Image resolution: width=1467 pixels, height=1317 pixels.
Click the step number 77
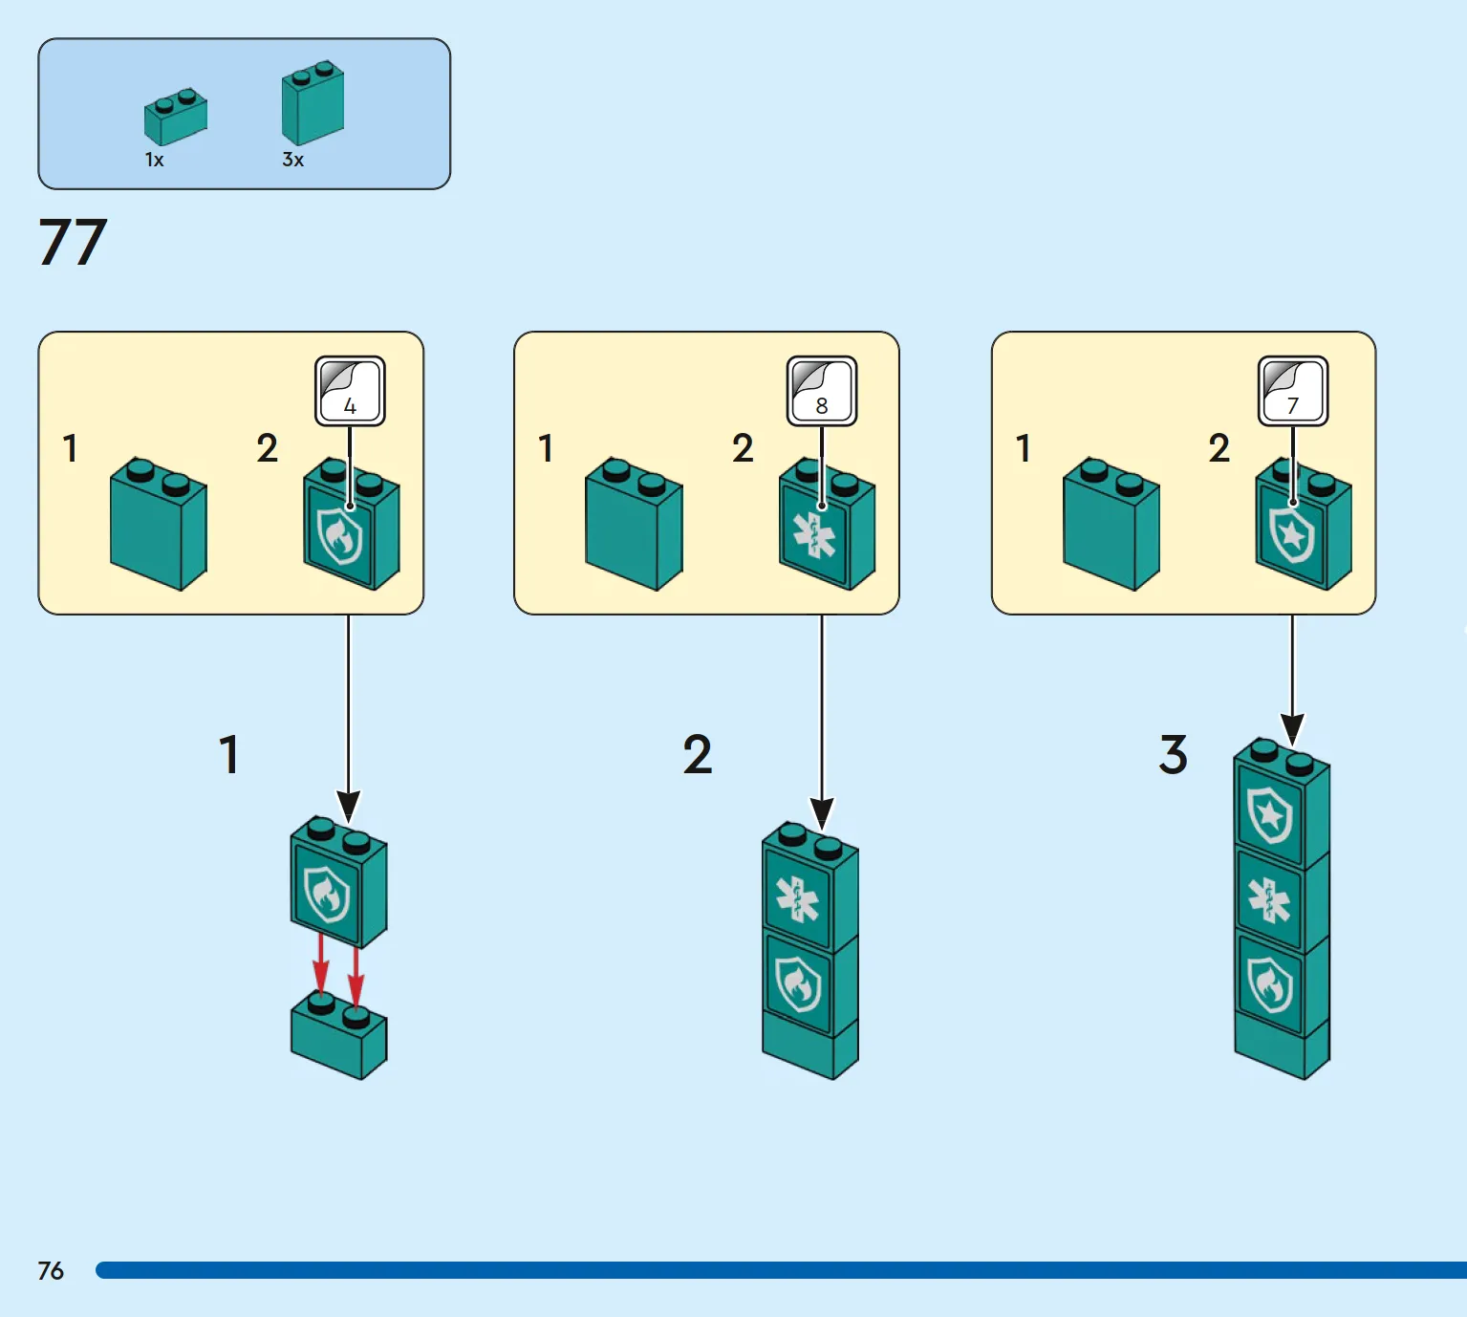(74, 242)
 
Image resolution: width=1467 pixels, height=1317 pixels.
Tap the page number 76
(51, 1271)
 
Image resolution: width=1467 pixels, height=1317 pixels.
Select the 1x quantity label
(154, 160)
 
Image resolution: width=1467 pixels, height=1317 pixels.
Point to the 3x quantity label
(292, 160)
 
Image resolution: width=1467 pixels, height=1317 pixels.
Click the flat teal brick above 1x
(176, 117)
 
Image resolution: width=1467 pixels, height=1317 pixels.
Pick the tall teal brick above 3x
(313, 102)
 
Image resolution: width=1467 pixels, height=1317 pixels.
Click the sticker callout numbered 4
(350, 391)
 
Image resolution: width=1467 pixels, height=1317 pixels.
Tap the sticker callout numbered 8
(822, 391)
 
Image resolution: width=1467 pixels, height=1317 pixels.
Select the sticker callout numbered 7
(1293, 391)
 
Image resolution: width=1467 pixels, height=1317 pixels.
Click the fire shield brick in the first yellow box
(351, 524)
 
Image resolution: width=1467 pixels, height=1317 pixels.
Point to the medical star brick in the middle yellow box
(827, 524)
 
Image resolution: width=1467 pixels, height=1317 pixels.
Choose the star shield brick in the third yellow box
(1304, 524)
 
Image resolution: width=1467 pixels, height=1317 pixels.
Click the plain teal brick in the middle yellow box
(634, 524)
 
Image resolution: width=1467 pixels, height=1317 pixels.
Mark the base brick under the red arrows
(339, 1036)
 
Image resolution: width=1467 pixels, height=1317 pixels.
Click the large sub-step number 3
(1173, 754)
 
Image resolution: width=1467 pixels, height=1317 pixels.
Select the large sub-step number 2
(698, 754)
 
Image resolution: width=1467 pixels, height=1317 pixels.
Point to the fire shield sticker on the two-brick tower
(798, 983)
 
